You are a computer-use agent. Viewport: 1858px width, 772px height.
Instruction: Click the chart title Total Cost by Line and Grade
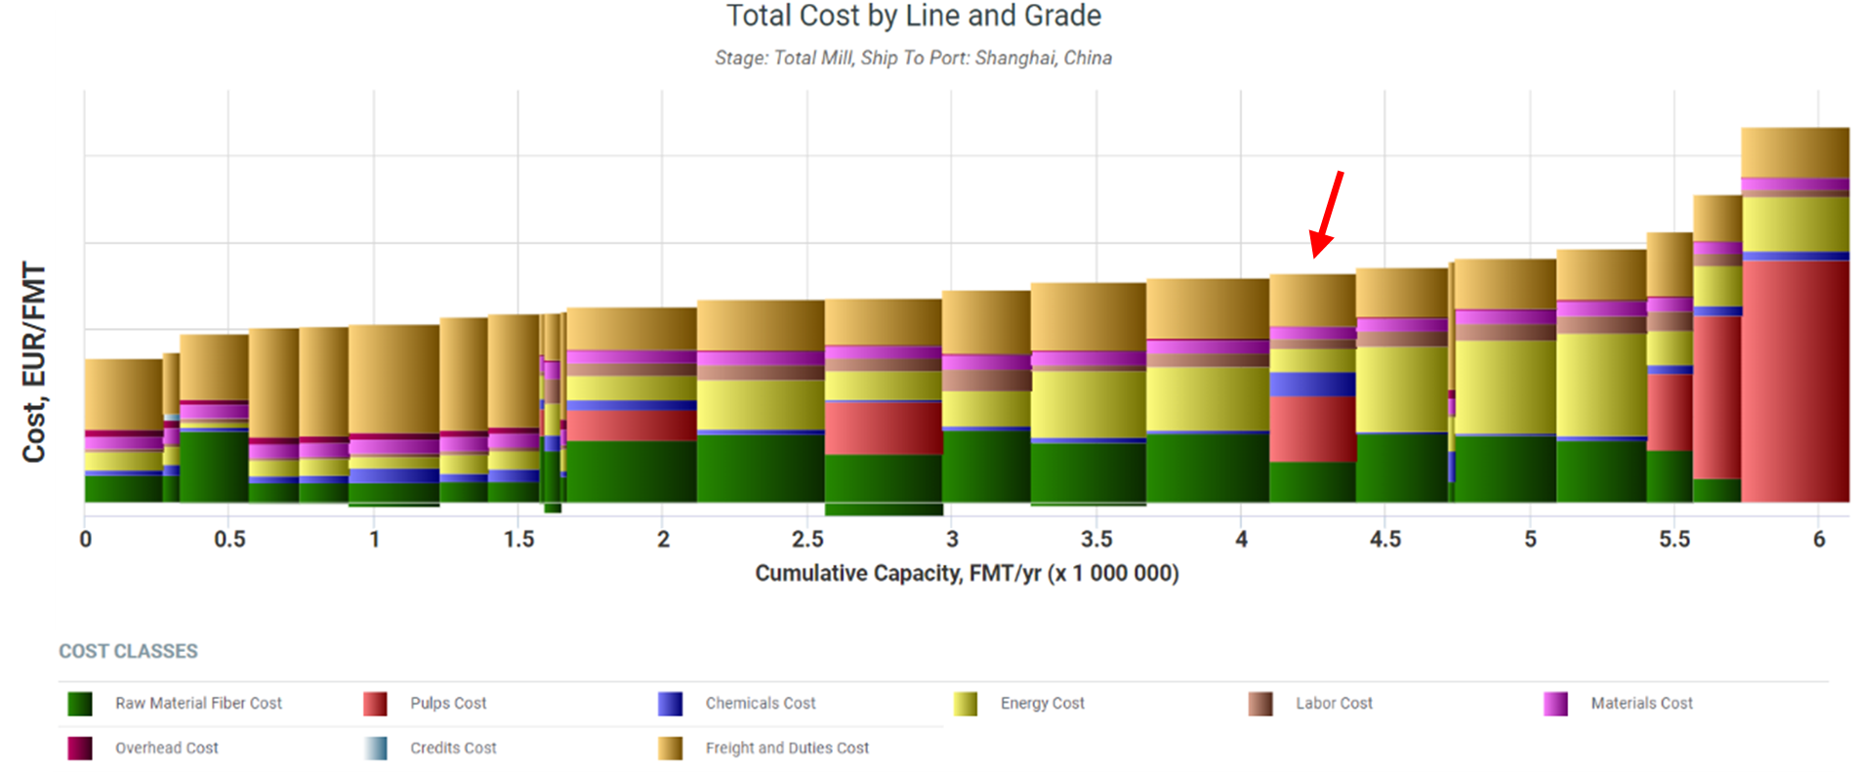coord(913,16)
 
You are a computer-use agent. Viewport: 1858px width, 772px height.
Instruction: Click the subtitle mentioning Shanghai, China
coord(913,58)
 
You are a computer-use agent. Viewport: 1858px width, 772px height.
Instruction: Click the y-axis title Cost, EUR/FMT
coord(34,362)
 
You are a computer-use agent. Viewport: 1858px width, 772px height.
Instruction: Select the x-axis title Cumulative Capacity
coord(967,573)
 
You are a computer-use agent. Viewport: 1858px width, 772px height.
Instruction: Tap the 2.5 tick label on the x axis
coord(807,539)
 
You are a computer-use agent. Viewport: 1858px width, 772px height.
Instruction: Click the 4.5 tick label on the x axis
coord(1384,539)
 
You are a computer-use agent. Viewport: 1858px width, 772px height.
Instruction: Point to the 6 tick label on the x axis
coord(1819,539)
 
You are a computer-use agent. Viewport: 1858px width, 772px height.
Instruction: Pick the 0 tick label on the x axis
coord(86,539)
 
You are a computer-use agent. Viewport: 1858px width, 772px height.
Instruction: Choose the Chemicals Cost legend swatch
coord(670,704)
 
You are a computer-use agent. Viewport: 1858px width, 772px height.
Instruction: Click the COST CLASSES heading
coord(128,651)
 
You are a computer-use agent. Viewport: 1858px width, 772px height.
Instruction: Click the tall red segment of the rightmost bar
coord(1795,381)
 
